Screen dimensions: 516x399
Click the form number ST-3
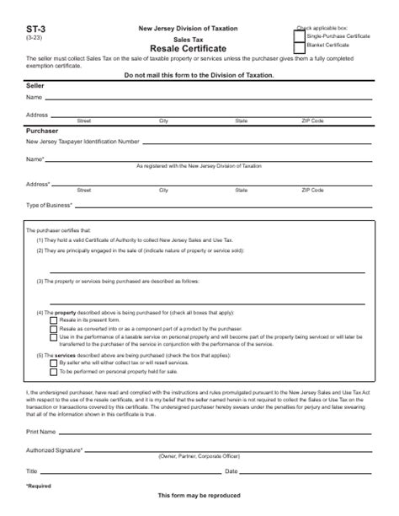click(x=35, y=28)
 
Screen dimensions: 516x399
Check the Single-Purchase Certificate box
click(x=300, y=36)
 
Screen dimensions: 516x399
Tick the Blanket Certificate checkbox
click(x=300, y=47)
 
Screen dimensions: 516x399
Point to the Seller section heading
click(x=36, y=87)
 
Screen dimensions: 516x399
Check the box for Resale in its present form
click(x=54, y=321)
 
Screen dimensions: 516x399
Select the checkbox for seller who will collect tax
click(x=54, y=362)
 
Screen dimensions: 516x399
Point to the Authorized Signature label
click(x=55, y=450)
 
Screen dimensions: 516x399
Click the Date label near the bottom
click(x=231, y=470)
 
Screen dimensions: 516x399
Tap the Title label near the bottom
click(x=32, y=470)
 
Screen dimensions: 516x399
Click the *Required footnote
click(x=38, y=486)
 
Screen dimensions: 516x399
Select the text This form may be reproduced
click(x=199, y=496)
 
